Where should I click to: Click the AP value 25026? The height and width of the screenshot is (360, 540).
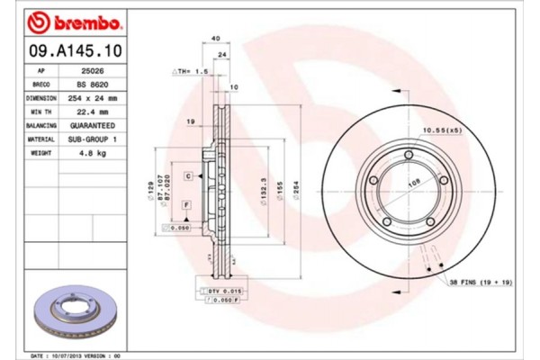click(94, 68)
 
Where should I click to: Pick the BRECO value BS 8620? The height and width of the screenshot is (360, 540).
click(94, 83)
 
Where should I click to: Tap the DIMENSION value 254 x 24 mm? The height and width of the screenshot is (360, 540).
click(94, 97)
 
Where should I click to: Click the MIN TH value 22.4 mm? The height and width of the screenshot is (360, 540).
click(94, 112)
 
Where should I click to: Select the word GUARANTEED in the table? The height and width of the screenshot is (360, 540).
click(94, 126)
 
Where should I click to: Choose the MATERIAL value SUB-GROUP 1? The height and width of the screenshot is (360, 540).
click(94, 140)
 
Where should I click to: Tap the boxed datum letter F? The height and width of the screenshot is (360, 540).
click(185, 206)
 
